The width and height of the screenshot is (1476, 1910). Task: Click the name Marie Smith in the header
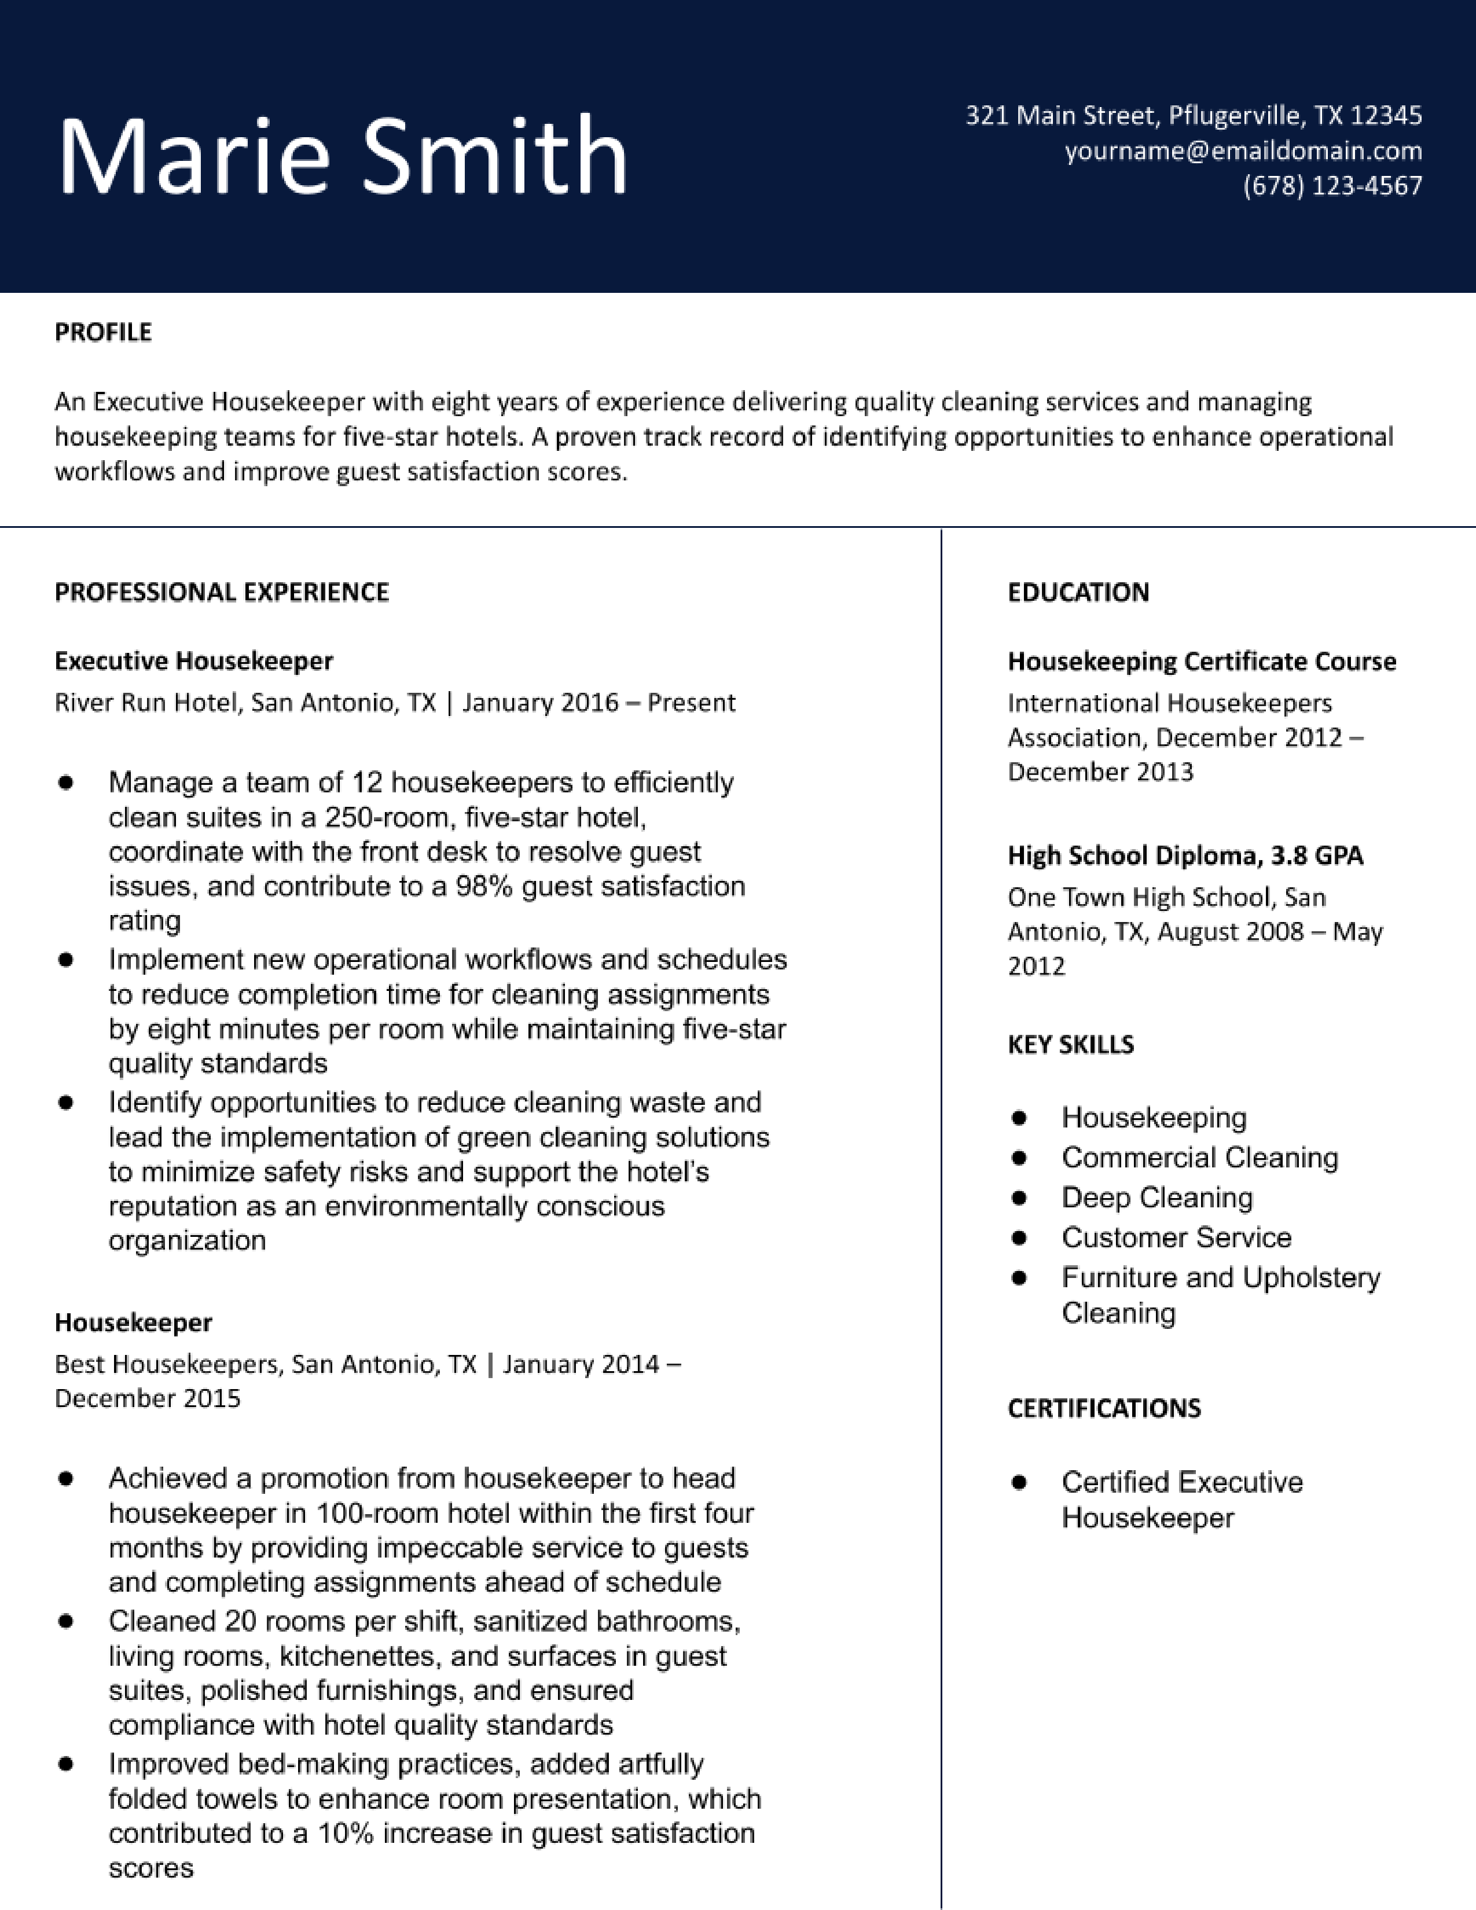coord(342,156)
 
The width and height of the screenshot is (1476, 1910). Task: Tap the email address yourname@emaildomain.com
coord(1243,150)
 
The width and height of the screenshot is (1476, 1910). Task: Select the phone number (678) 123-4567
coord(1332,185)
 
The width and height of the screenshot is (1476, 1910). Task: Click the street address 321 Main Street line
coord(1193,115)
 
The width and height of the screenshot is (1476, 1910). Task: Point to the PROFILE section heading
coord(103,332)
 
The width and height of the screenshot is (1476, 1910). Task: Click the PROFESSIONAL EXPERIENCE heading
coord(221,592)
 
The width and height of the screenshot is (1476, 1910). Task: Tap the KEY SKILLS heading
coord(1070,1044)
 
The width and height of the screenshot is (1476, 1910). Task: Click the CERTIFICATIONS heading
coord(1103,1408)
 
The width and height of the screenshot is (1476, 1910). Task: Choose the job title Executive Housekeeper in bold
coord(193,660)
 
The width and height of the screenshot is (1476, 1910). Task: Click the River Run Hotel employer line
coord(394,702)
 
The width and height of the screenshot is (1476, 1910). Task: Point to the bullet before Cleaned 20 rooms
coord(65,1621)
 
